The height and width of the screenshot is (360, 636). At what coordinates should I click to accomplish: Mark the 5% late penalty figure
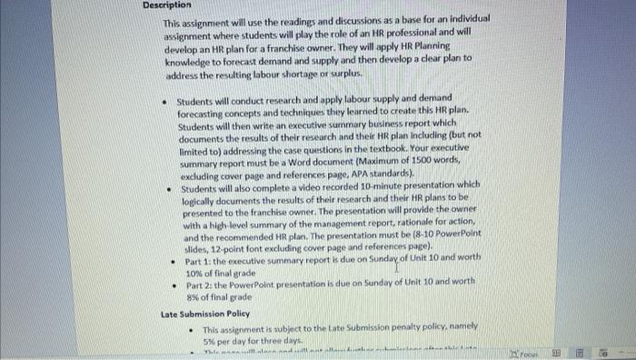(x=211, y=339)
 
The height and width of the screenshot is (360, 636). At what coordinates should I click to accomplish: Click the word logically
(x=197, y=199)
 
